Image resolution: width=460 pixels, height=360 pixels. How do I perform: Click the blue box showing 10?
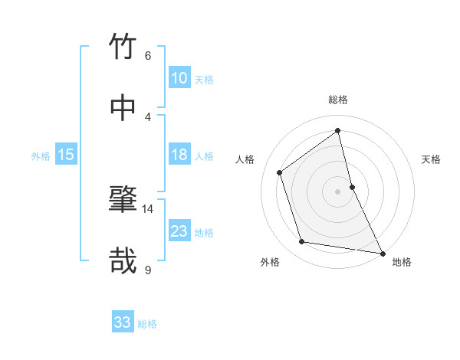(179, 78)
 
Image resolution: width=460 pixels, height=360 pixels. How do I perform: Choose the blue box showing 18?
(179, 155)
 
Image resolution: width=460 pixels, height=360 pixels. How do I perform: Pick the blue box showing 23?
(179, 231)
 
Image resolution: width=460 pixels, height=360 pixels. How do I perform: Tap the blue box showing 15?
(66, 155)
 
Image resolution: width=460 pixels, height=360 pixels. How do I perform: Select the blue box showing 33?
(123, 322)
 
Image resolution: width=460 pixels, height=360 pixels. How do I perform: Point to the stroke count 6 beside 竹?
(147, 55)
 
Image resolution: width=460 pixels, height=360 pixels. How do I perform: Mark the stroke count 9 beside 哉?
(147, 270)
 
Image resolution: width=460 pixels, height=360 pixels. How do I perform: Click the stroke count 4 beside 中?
(147, 116)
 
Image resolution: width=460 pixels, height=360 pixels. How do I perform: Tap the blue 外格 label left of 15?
(41, 156)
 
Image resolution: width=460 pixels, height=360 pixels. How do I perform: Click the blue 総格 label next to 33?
(147, 324)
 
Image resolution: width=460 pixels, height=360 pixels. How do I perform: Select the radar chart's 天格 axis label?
(431, 159)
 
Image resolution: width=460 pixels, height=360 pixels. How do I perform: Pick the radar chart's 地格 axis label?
(402, 262)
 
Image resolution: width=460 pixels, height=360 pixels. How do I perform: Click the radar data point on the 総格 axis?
(337, 130)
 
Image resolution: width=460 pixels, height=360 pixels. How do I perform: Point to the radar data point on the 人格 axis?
(280, 172)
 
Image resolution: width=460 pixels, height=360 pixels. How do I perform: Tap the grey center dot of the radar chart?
(337, 191)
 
